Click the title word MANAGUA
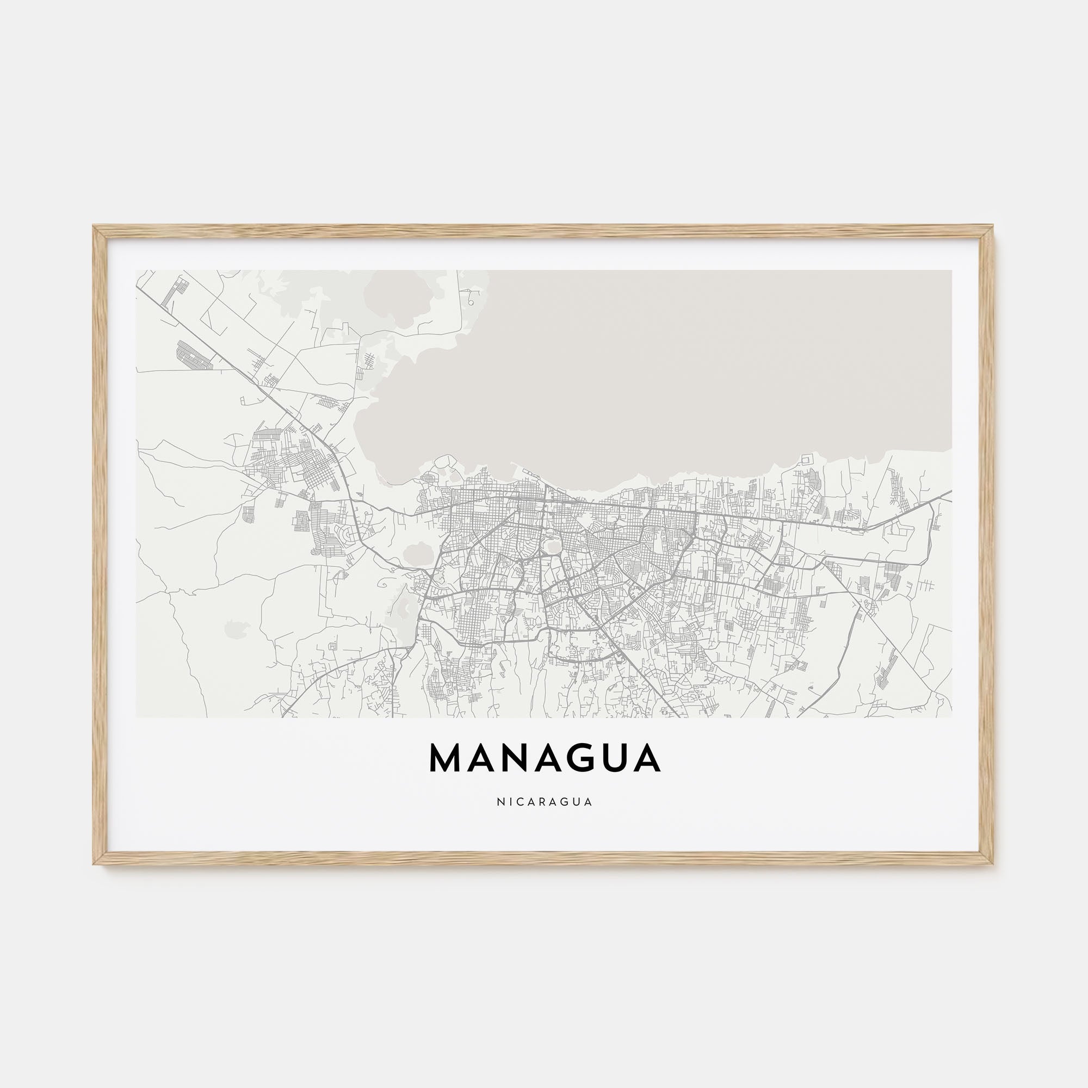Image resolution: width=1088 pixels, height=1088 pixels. pos(545,758)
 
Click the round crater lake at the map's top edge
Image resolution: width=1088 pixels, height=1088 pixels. pos(388,299)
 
